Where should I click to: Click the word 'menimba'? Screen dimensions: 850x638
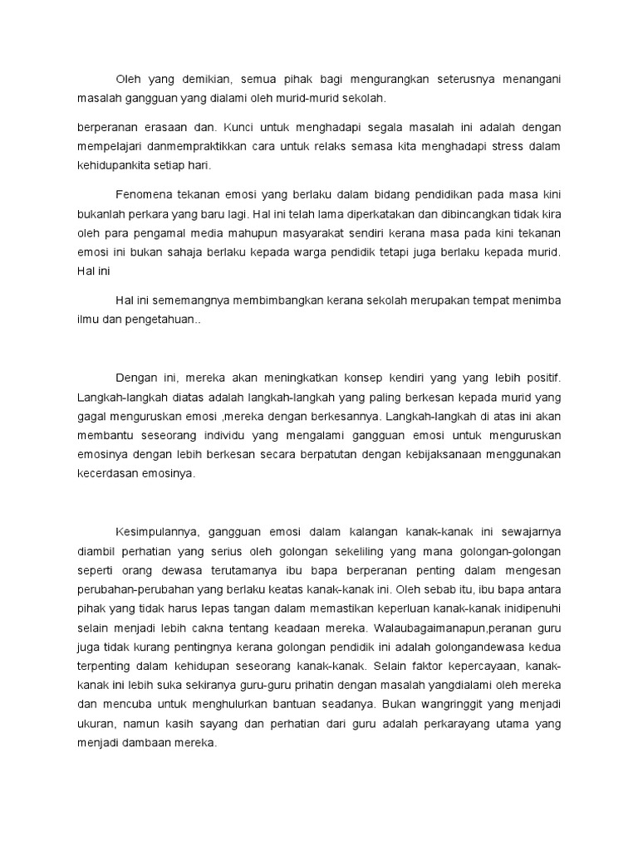coord(535,300)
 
